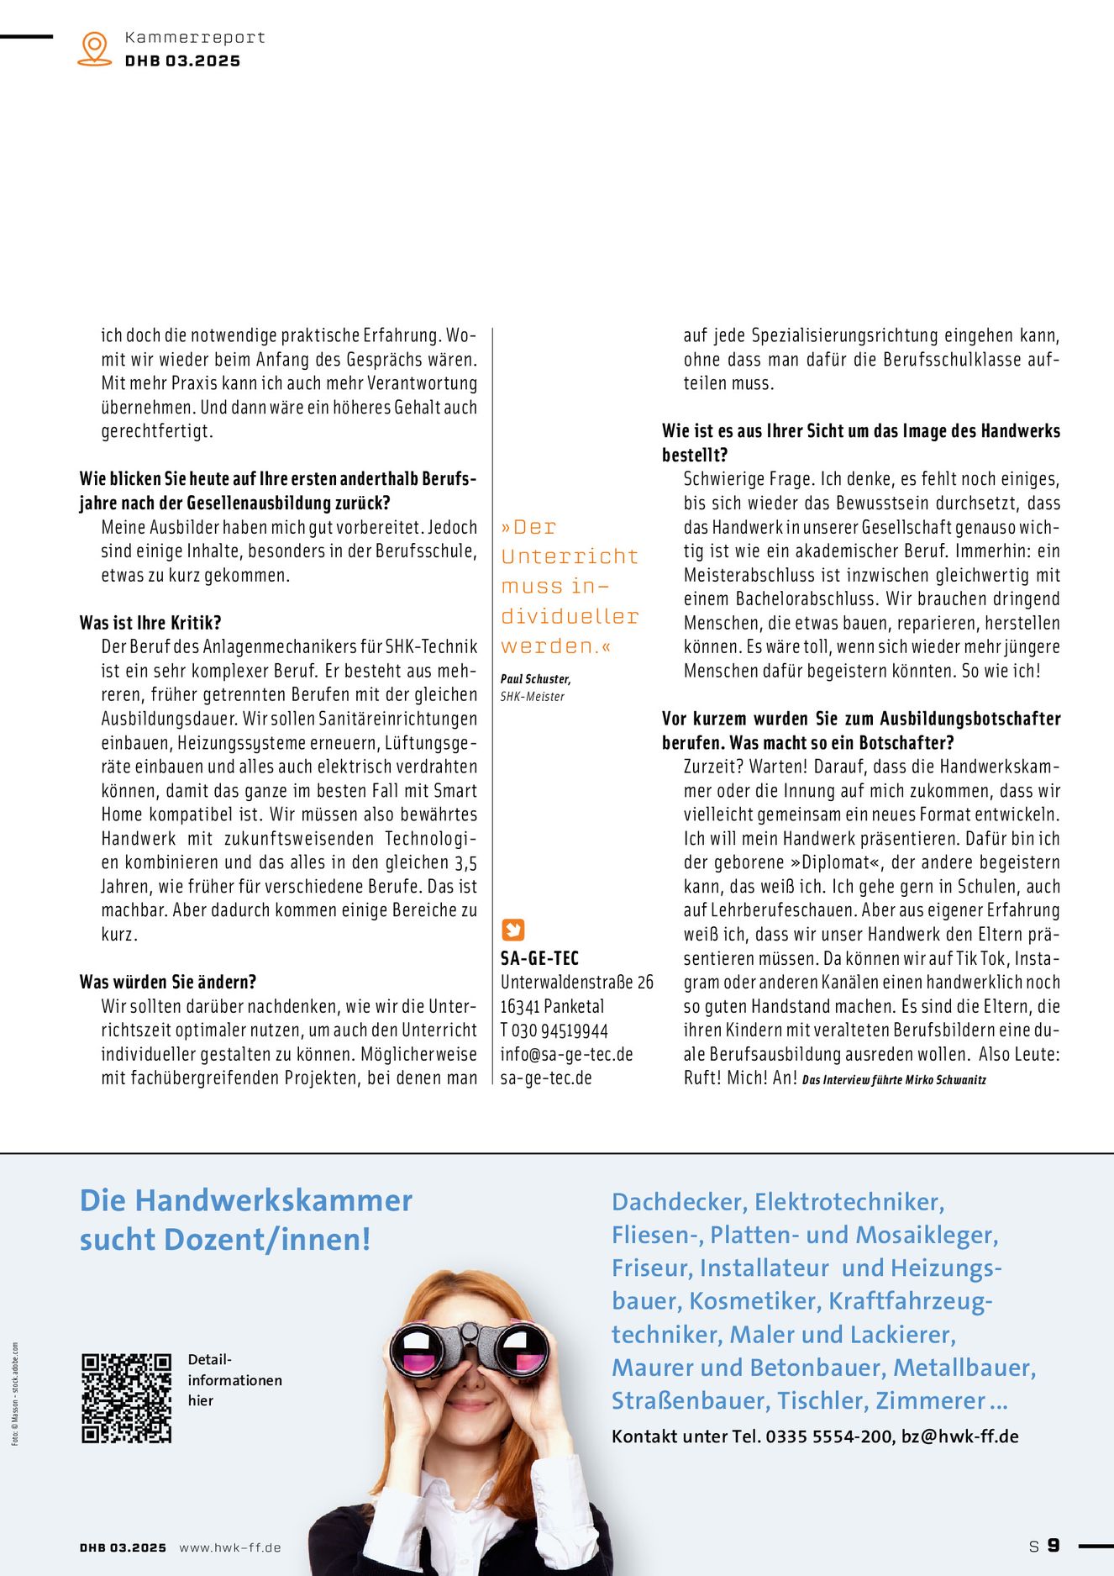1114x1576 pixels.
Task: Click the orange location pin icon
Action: (94, 48)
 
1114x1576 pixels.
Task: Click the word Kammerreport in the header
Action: (195, 37)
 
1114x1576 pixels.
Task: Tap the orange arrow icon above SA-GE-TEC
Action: (512, 930)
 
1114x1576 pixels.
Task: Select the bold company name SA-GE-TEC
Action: (539, 958)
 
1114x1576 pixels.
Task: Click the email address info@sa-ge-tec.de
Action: (566, 1054)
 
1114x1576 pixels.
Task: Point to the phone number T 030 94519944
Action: (554, 1030)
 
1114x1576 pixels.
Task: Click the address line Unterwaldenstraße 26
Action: (576, 982)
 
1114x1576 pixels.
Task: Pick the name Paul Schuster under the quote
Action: (535, 678)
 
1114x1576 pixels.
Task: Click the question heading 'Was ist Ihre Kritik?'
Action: (150, 623)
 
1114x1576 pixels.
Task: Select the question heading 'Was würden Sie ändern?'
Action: (168, 982)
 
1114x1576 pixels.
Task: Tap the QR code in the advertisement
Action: (126, 1398)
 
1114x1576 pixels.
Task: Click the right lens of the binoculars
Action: (520, 1350)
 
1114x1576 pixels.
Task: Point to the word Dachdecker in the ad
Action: (678, 1202)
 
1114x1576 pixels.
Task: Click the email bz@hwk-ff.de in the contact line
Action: (959, 1436)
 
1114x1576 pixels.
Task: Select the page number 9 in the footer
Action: (1054, 1546)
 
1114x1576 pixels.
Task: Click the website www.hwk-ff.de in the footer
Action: (230, 1547)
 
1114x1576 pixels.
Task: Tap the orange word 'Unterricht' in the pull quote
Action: (570, 556)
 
